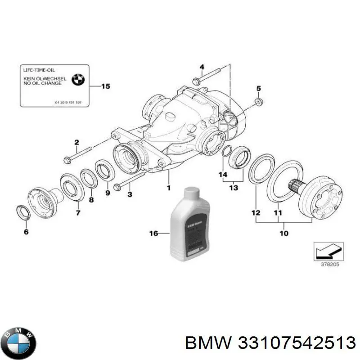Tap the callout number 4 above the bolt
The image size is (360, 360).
(202, 67)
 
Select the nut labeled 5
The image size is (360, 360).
(258, 102)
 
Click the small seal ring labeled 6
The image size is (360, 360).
(22, 212)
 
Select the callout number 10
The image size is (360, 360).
(284, 233)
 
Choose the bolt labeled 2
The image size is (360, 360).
(81, 156)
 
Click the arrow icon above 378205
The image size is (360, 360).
(328, 250)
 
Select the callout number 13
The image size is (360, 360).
(233, 187)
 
